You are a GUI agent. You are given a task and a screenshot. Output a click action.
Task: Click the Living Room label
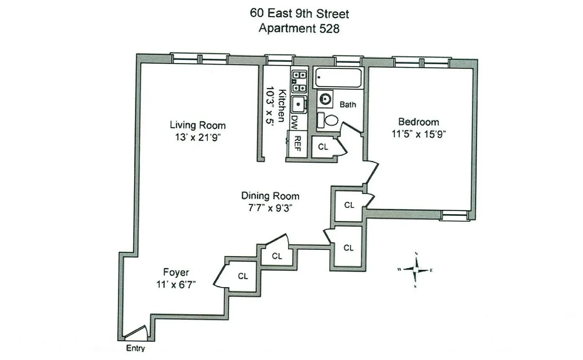pos(197,125)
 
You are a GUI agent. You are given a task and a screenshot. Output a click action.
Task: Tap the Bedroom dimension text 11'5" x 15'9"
pos(418,133)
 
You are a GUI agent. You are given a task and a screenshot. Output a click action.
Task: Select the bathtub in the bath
pos(338,78)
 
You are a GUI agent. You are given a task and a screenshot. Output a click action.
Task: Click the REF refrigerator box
pos(297,144)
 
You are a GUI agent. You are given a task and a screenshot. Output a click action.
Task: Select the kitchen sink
pos(298,104)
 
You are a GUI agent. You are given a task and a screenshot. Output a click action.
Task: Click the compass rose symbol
pos(416,270)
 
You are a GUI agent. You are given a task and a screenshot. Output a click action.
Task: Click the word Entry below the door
pos(135,348)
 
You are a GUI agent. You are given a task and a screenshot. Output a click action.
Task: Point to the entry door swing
pos(136,333)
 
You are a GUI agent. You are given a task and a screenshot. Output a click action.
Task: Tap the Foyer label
pos(176,272)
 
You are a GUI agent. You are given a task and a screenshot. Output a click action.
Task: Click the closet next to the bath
pos(323,147)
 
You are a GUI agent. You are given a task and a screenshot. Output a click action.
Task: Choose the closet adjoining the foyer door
pos(243,276)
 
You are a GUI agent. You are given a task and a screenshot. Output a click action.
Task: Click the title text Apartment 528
pos(299,28)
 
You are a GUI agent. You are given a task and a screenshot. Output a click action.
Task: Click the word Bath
pos(348,104)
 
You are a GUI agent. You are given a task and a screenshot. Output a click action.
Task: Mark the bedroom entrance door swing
pos(372,172)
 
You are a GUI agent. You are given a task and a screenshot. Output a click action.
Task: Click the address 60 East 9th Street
pos(299,13)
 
